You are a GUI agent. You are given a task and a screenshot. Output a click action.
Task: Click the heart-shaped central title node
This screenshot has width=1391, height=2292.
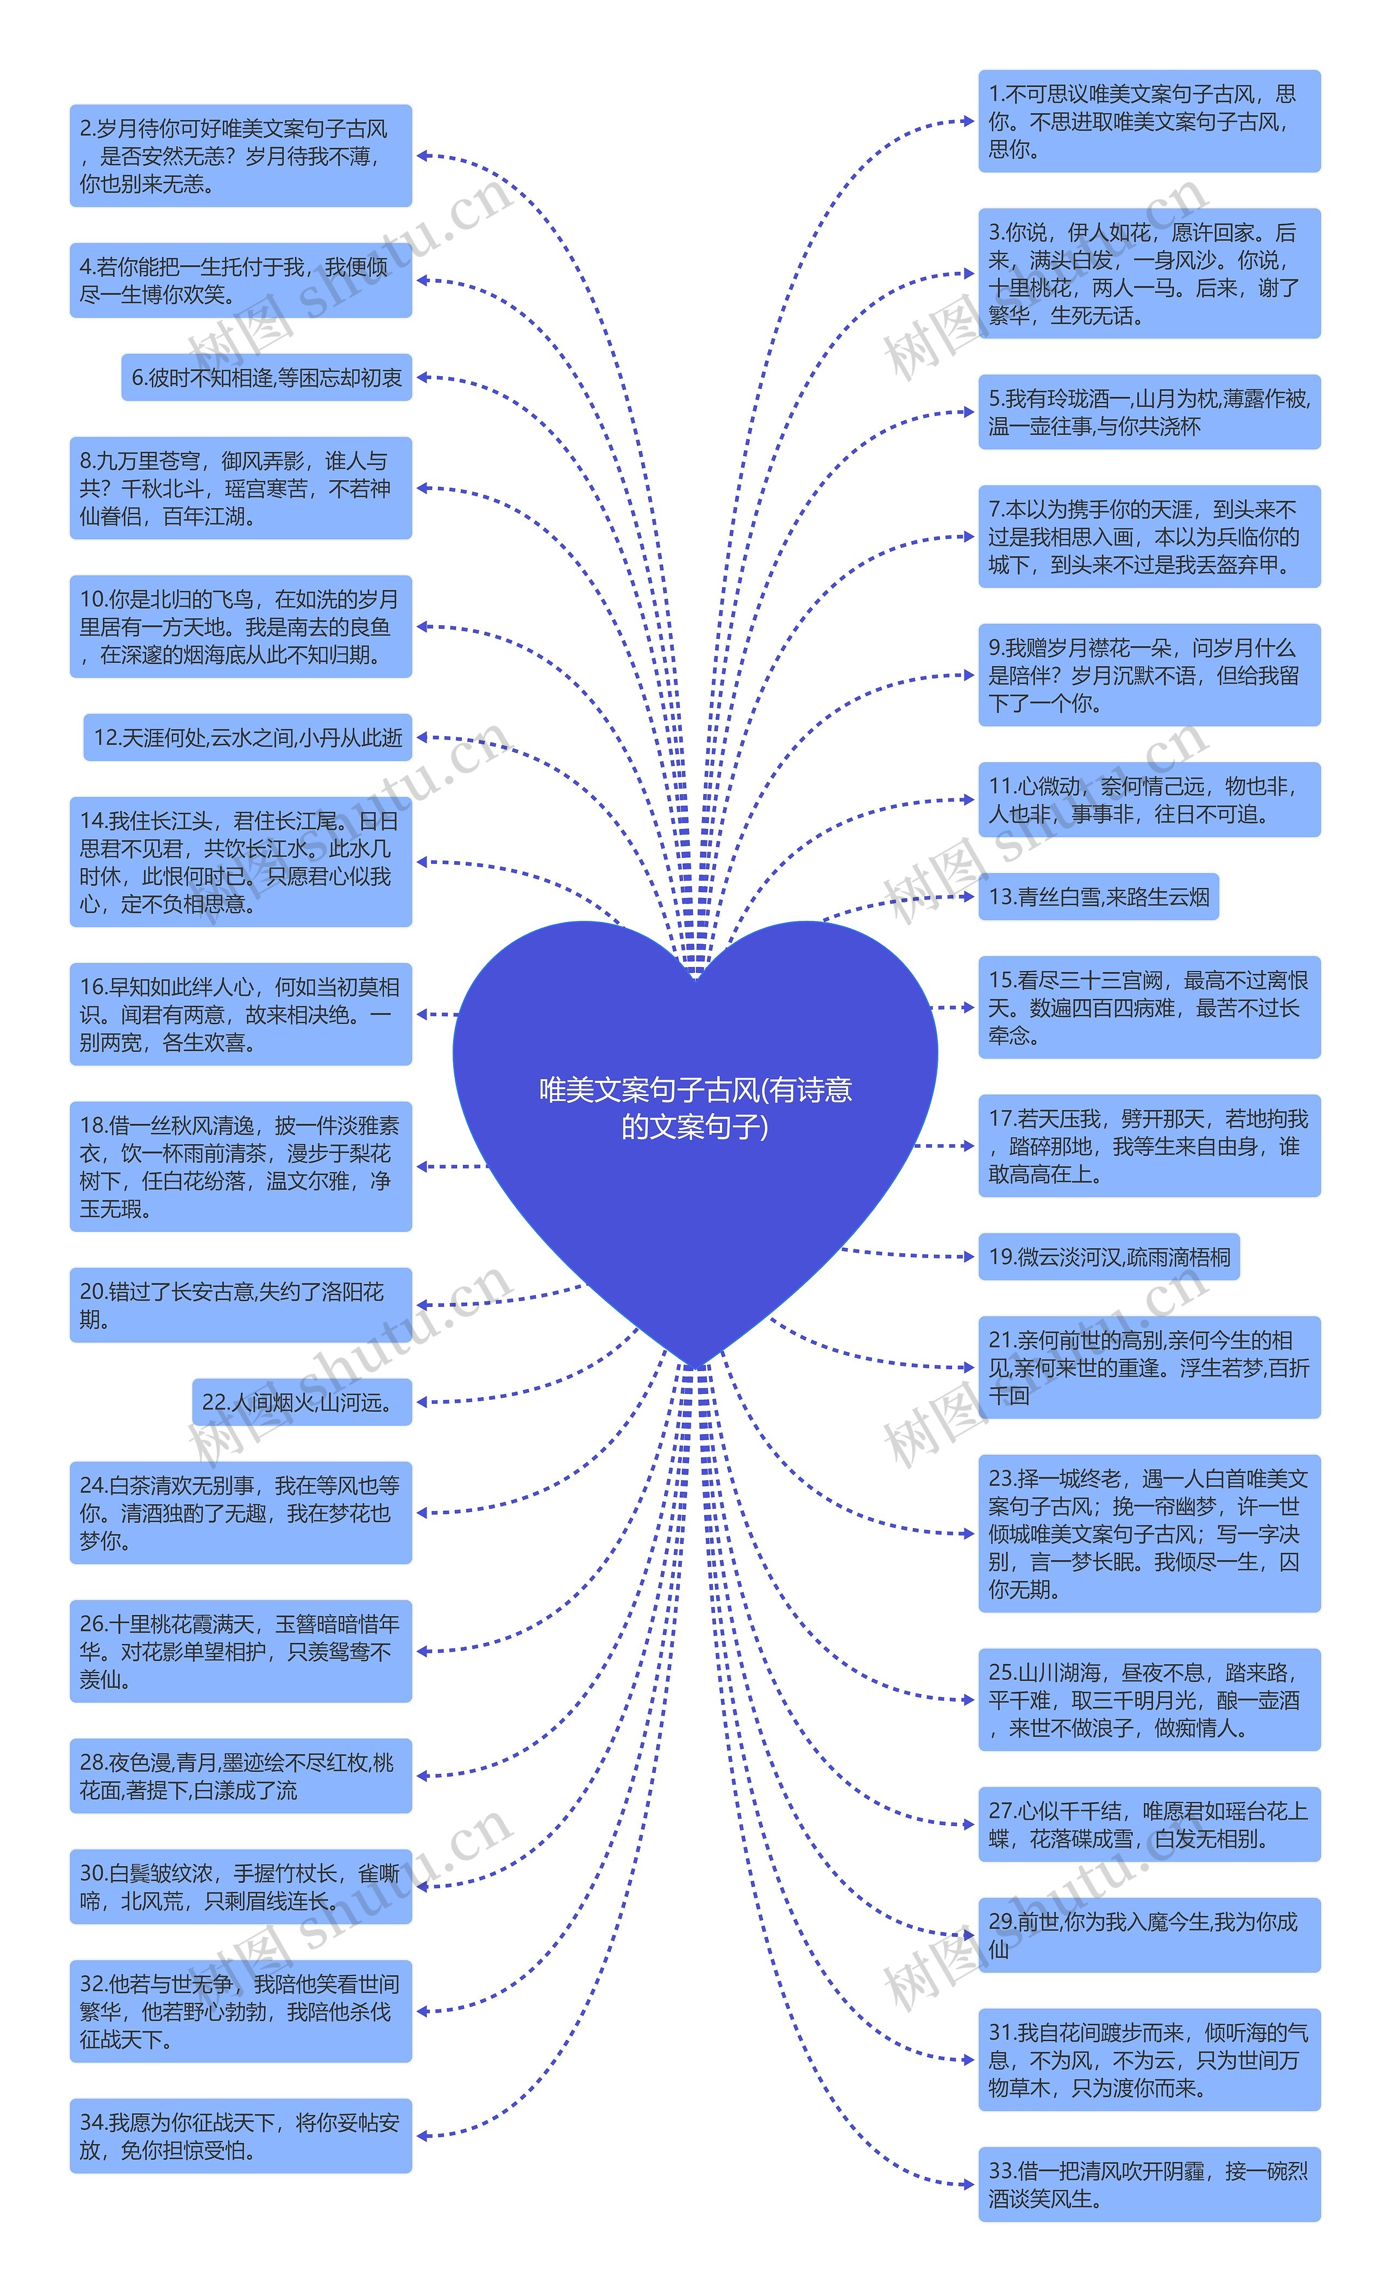695,1107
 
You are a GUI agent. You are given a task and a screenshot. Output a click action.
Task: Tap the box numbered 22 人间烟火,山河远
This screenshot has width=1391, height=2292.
302,1402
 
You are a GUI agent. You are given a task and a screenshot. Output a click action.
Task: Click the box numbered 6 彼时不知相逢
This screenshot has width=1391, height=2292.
267,378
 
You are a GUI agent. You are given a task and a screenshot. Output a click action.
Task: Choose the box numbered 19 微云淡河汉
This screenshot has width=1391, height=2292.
1108,1257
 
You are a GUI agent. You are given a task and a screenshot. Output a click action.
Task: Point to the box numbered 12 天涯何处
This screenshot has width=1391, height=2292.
248,738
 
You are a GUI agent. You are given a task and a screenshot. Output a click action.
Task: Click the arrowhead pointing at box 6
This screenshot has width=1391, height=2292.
422,378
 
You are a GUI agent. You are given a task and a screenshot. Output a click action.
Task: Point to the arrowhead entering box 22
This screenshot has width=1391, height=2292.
422,1402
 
